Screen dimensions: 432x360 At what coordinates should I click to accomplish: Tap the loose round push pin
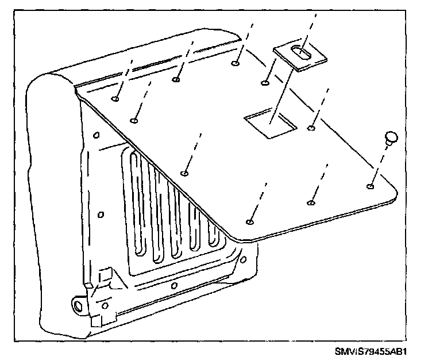point(391,137)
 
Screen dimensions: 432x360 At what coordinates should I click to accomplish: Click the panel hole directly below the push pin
point(370,186)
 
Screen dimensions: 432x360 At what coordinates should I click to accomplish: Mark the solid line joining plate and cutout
point(281,95)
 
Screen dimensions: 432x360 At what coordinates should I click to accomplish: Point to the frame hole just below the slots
point(174,286)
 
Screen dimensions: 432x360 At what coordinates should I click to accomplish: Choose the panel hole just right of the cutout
point(311,128)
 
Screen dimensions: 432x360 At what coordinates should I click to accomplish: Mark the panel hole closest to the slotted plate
point(265,83)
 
